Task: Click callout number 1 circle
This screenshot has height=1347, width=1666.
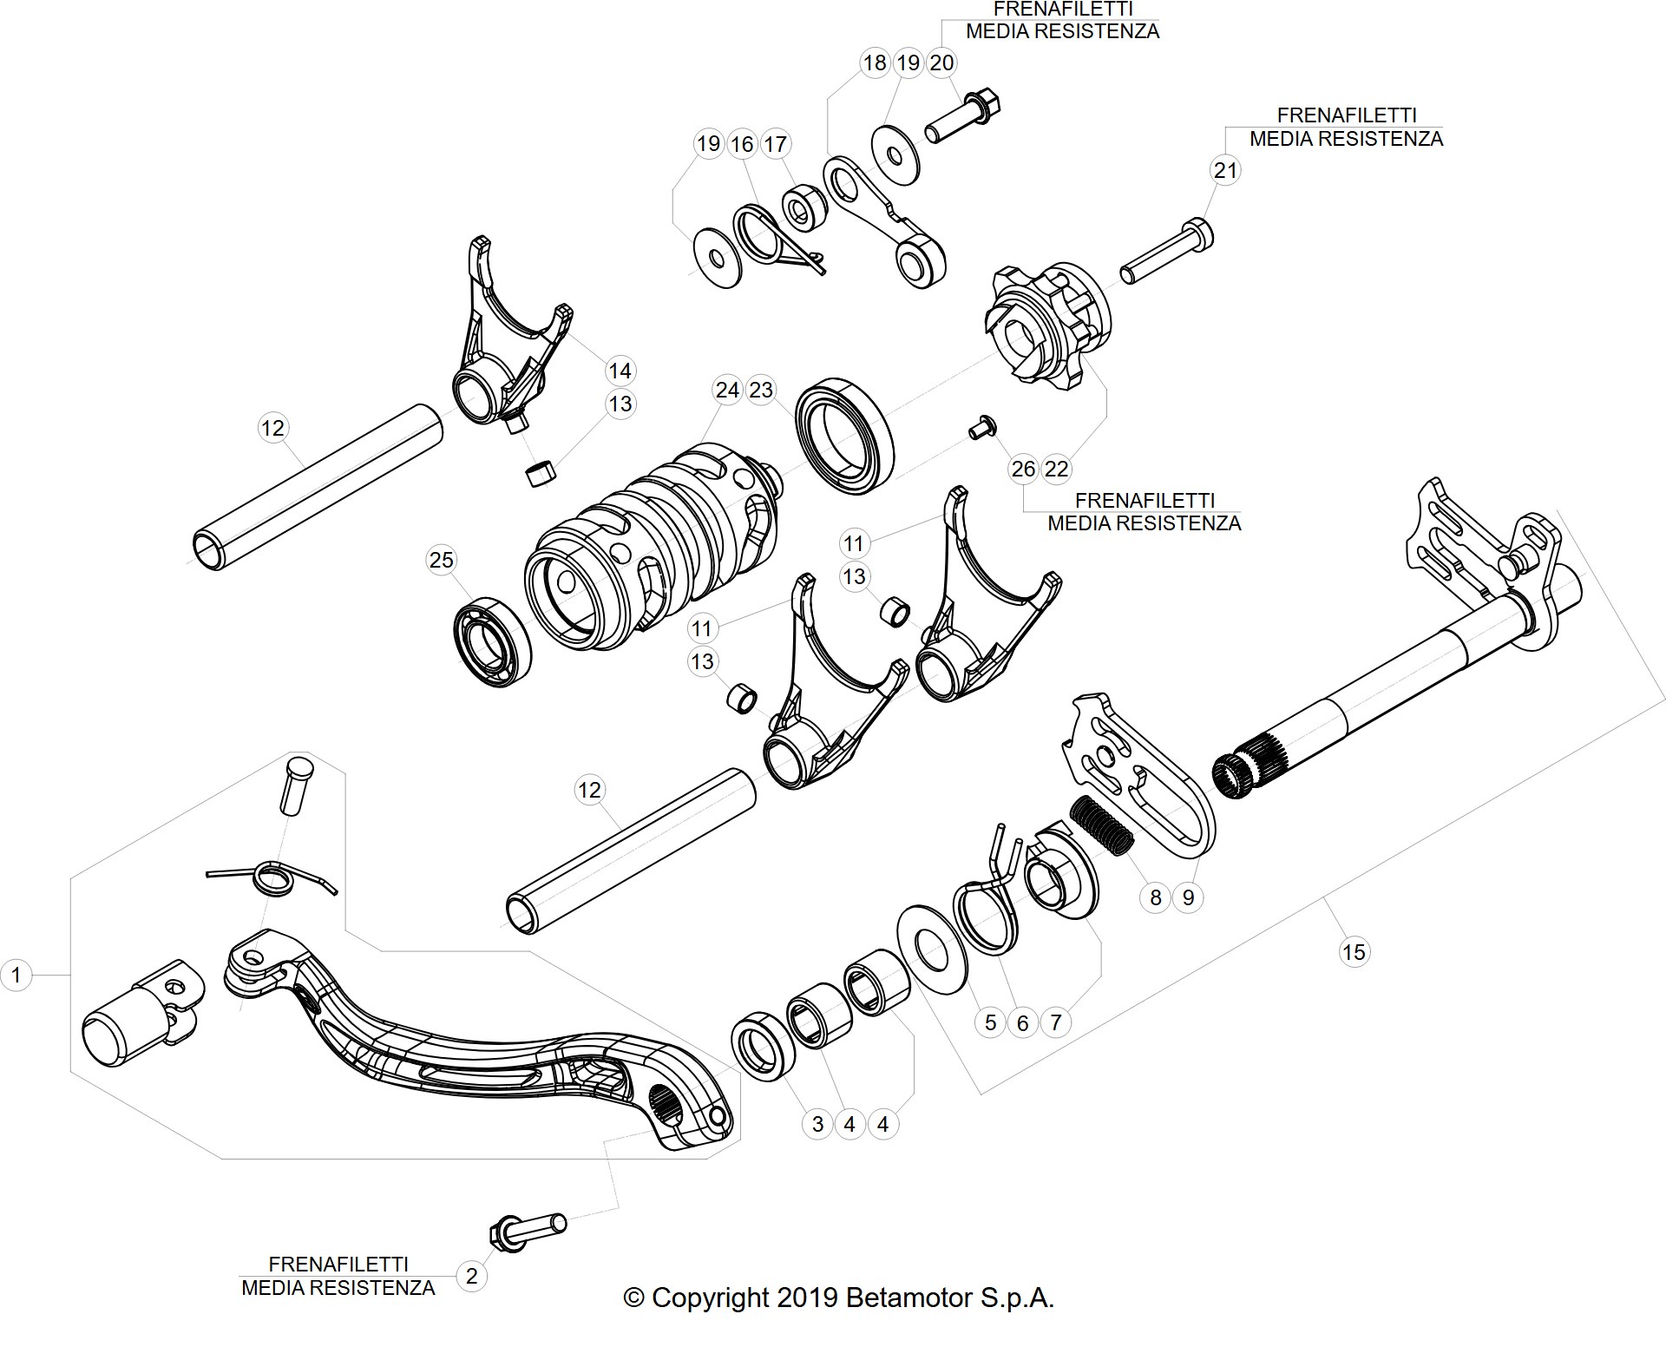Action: coord(16,975)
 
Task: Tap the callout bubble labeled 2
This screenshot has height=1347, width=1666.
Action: coord(471,1276)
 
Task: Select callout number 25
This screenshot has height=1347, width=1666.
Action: coord(442,560)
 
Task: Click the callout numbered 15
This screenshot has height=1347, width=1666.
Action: coord(1354,952)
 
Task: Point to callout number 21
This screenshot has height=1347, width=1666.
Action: coord(1225,170)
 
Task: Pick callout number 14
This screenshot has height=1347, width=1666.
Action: coord(620,371)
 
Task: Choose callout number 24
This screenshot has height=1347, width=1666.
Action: coord(727,390)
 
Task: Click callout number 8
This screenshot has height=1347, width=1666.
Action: coord(1155,897)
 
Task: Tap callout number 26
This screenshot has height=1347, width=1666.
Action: coord(1024,469)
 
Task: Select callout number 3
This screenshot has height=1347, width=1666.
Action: coord(817,1124)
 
